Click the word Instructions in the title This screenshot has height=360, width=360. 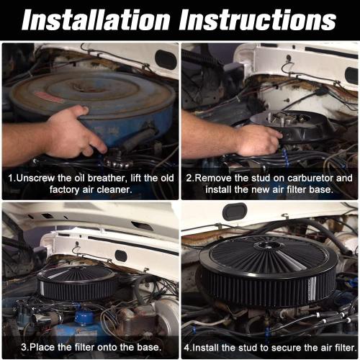click(257, 19)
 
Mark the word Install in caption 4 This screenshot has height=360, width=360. click(210, 346)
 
